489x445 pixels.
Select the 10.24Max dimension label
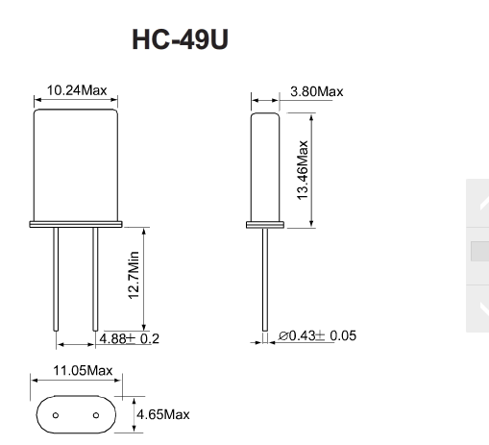point(77,91)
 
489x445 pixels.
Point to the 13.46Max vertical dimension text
point(303,169)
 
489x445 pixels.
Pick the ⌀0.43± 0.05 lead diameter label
point(318,335)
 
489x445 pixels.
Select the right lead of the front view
point(94,279)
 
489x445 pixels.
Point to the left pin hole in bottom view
point(56,416)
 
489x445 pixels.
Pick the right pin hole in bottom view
point(96,416)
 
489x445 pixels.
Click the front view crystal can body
point(76,163)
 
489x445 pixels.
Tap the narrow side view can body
point(264,165)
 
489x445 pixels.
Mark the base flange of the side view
point(264,226)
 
